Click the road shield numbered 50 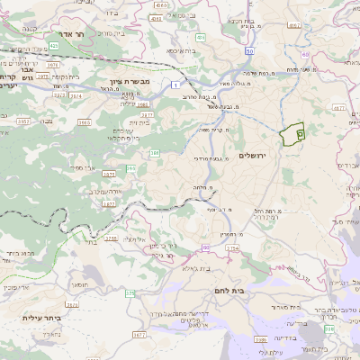(247, 51)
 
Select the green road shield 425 (54, 44)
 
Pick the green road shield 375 (130, 292)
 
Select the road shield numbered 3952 (22, 121)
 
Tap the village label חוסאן (78, 283)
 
